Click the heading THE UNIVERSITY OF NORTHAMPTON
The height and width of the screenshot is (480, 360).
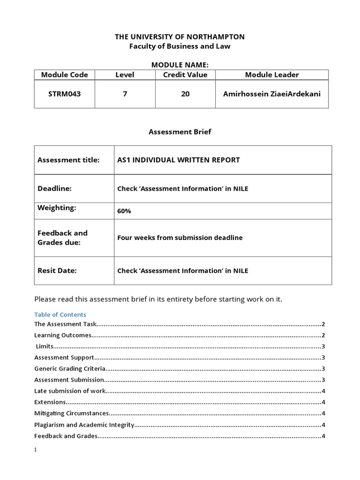(180, 37)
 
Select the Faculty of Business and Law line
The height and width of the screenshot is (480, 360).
(180, 46)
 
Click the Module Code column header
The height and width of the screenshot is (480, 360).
(64, 75)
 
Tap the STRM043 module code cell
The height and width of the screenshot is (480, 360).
(64, 94)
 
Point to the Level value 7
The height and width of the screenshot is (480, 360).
(125, 94)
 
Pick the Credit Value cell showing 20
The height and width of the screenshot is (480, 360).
(185, 94)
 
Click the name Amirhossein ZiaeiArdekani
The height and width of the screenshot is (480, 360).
(272, 94)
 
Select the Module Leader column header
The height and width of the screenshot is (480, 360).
(272, 75)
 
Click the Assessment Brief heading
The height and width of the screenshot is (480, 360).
(180, 132)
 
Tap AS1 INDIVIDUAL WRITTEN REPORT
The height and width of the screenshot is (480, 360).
(178, 160)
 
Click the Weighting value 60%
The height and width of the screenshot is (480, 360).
(124, 211)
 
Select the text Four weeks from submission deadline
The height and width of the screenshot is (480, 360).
(180, 238)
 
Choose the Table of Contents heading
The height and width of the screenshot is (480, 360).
(60, 315)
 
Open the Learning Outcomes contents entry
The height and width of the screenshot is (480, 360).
(62, 335)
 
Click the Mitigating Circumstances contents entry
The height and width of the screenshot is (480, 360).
(72, 413)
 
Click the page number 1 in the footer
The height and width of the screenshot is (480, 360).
(36, 450)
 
